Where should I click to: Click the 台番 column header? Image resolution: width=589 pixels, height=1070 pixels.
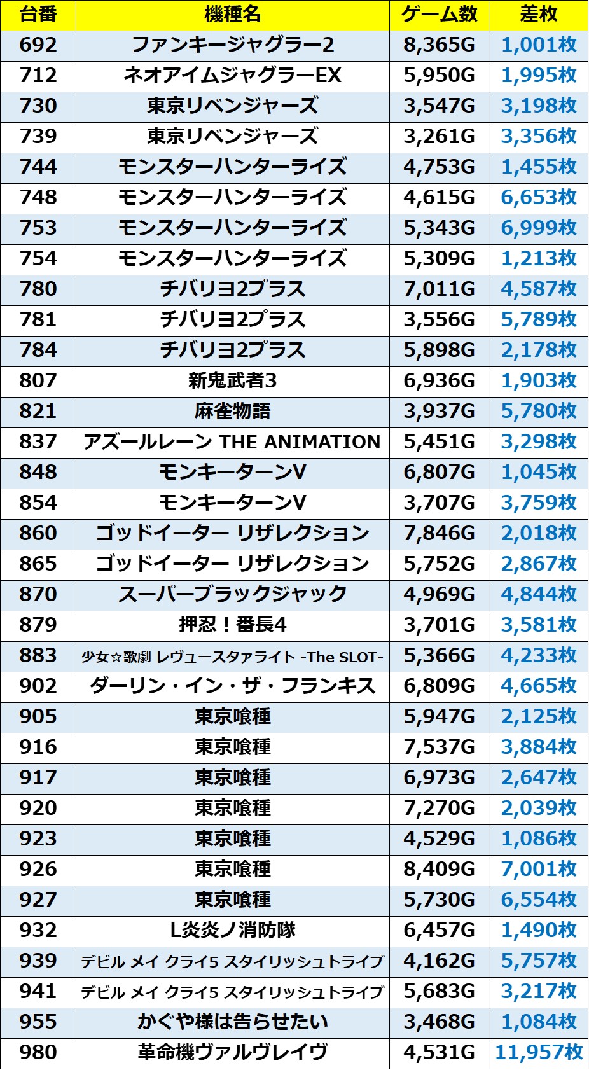pyautogui.click(x=38, y=15)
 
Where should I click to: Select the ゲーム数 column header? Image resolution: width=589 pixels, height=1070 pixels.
pyautogui.click(x=439, y=15)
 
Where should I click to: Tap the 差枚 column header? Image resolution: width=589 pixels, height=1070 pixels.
pyautogui.click(x=538, y=15)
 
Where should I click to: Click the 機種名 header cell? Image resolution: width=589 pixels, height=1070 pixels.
pyautogui.click(x=232, y=15)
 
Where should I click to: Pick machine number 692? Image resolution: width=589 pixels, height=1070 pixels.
pyautogui.click(x=38, y=45)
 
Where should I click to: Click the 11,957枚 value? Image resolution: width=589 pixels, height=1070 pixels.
pyautogui.click(x=539, y=1052)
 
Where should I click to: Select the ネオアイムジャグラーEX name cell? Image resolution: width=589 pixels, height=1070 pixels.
pyautogui.click(x=232, y=76)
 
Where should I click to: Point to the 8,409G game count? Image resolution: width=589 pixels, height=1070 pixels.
pyautogui.click(x=439, y=869)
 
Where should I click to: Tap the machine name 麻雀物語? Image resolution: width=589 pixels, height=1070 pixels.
pyautogui.click(x=232, y=412)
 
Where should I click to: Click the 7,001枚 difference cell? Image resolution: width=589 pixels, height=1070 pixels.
pyautogui.click(x=539, y=869)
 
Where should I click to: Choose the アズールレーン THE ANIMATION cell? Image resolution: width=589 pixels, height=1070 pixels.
pyautogui.click(x=232, y=442)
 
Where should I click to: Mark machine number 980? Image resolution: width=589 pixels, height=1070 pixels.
pyautogui.click(x=38, y=1052)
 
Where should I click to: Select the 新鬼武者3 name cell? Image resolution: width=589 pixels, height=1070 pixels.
pyautogui.click(x=232, y=381)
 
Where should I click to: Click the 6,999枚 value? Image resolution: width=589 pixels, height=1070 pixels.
pyautogui.click(x=539, y=228)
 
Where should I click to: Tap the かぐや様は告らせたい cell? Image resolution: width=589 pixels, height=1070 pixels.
pyautogui.click(x=232, y=1022)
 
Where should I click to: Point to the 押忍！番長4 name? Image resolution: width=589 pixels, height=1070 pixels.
pyautogui.click(x=232, y=625)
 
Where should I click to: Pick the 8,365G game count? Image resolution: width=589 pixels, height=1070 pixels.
pyautogui.click(x=439, y=45)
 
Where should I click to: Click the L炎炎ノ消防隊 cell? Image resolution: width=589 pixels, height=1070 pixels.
pyautogui.click(x=232, y=930)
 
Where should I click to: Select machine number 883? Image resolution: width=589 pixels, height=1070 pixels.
pyautogui.click(x=38, y=656)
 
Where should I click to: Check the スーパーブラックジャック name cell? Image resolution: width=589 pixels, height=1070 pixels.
pyautogui.click(x=232, y=595)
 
